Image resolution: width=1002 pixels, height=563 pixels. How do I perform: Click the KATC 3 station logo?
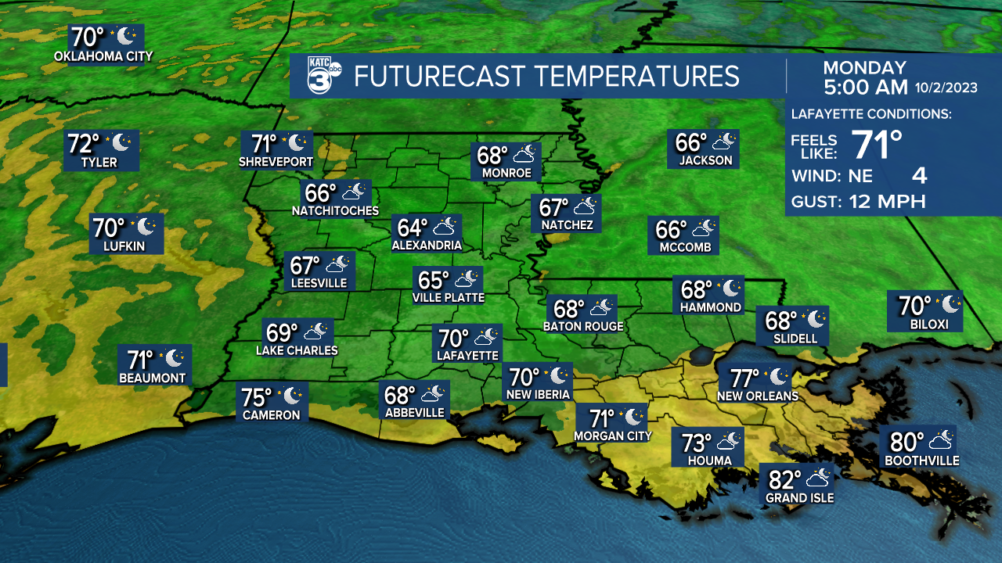click(x=323, y=75)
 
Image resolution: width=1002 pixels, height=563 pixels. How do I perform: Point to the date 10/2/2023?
click(x=945, y=88)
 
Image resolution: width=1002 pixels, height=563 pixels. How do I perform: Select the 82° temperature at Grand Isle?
click(x=785, y=478)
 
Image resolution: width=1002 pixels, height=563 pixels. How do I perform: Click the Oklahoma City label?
click(x=103, y=56)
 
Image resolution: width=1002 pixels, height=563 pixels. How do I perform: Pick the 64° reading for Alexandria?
click(x=413, y=228)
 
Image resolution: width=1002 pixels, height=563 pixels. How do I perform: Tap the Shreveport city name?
click(x=276, y=163)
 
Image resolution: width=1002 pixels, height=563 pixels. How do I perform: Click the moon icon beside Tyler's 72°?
click(x=122, y=142)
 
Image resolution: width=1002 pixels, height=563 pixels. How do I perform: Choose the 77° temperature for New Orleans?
click(x=746, y=378)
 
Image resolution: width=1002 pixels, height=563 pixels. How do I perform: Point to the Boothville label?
click(x=921, y=461)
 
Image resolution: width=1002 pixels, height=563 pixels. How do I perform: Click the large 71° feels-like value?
click(x=877, y=144)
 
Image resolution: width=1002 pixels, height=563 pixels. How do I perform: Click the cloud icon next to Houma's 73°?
click(x=729, y=442)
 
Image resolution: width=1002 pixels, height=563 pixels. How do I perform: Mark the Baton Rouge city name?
click(x=584, y=326)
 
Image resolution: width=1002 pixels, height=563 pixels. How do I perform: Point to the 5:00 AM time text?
click(x=865, y=88)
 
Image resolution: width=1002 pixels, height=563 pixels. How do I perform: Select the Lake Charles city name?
click(x=297, y=350)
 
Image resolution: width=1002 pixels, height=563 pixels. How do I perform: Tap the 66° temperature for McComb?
click(x=671, y=230)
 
